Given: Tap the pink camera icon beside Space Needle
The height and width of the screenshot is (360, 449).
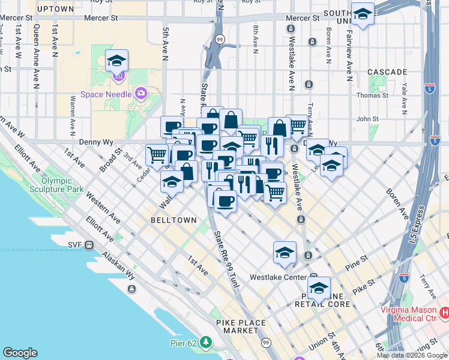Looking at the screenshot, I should pos(141,93).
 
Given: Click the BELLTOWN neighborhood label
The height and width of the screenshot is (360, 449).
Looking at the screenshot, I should pos(174,220).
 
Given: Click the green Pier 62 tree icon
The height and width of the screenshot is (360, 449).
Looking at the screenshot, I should pos(207,342).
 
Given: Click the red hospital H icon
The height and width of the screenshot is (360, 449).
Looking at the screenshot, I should pos(445,313).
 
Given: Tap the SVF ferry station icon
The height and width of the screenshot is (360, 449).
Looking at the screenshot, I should pos(89,245).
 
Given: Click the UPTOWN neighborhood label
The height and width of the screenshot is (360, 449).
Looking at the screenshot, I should pos(55,10).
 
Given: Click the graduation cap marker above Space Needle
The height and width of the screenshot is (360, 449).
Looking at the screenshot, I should pos(116,60).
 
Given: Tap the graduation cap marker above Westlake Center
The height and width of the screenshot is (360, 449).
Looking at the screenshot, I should pos(285,252).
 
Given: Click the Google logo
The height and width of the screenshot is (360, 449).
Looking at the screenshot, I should pos(20,353).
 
